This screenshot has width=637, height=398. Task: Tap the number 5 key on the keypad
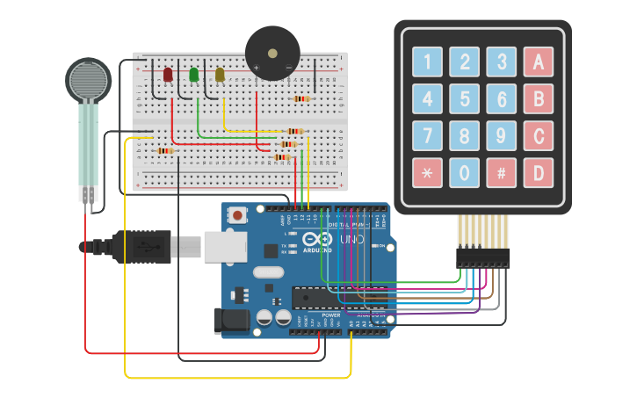(x=464, y=99)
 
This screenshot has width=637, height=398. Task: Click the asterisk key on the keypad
(x=428, y=173)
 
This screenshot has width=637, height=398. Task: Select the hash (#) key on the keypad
(x=501, y=173)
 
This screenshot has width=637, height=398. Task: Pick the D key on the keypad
(x=538, y=173)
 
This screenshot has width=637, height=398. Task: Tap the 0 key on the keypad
(x=464, y=173)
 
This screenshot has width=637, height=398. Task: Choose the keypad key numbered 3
(x=501, y=62)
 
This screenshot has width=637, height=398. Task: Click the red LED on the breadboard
(x=168, y=75)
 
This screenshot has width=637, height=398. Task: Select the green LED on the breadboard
(x=194, y=75)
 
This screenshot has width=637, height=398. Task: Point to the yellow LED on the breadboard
(x=220, y=75)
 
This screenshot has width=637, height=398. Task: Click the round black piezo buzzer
(x=271, y=54)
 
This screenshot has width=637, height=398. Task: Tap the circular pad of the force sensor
(x=88, y=80)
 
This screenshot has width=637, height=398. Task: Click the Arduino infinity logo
(x=317, y=240)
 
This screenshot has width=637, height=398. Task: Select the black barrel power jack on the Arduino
(x=231, y=321)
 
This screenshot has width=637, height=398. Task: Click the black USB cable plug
(x=141, y=247)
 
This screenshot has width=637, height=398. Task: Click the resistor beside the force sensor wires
(x=164, y=151)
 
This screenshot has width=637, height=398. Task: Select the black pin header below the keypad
(x=482, y=257)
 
